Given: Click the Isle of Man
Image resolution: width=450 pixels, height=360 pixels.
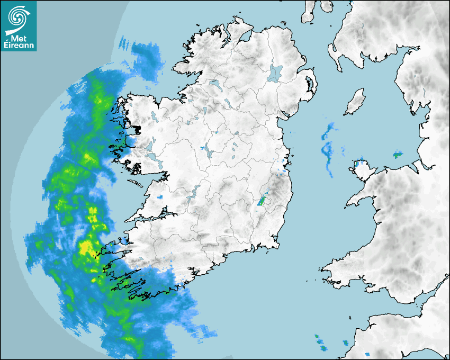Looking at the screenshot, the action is (355, 102).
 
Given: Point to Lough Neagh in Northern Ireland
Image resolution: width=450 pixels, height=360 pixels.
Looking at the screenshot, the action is (275, 73).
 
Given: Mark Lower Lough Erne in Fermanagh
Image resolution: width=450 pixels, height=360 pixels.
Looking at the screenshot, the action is (215, 84).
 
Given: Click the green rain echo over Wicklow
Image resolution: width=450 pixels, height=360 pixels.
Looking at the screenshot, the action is (262, 201).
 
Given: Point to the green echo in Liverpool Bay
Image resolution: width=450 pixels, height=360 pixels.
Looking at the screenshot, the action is (398, 155).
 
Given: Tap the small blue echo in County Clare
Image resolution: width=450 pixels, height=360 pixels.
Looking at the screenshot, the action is (160, 197).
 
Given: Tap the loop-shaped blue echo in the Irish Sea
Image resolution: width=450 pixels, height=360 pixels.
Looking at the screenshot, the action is (327, 150).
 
